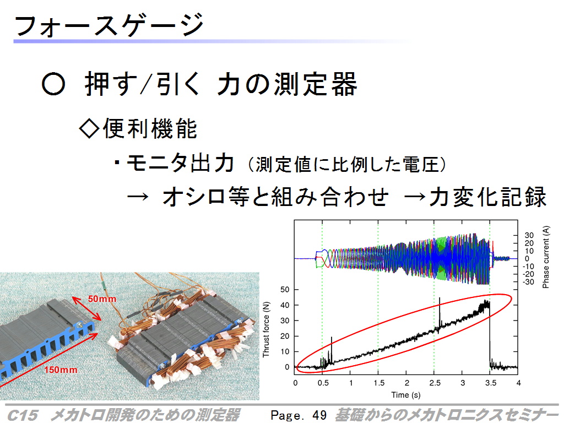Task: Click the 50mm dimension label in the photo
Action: [x=102, y=299]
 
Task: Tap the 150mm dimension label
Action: [x=61, y=370]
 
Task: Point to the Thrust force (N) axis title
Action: [x=266, y=329]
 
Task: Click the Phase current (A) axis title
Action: [x=546, y=257]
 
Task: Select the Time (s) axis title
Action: [x=406, y=394]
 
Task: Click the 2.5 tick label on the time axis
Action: [x=435, y=383]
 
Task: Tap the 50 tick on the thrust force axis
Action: [x=285, y=290]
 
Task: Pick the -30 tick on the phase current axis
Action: [x=528, y=282]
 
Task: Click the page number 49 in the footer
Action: [x=319, y=415]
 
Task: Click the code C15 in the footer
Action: [x=22, y=415]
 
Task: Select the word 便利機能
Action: [x=150, y=128]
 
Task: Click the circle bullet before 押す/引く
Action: [x=53, y=84]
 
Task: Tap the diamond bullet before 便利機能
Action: [x=89, y=128]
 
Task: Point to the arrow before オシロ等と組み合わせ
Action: [x=138, y=197]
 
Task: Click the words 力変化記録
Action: [x=488, y=197]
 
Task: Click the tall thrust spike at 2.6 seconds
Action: [x=440, y=313]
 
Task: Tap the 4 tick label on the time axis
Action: [x=518, y=383]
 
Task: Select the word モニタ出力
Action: [x=181, y=163]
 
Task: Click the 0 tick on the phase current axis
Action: [x=527, y=259]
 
